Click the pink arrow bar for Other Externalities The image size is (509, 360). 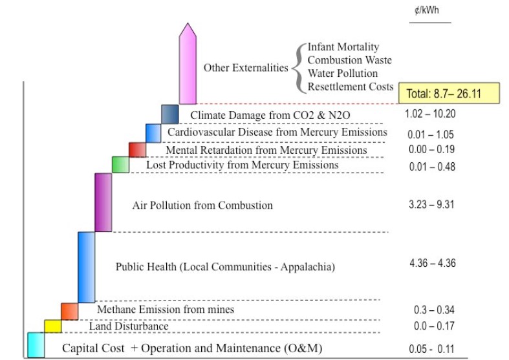(x=188, y=65)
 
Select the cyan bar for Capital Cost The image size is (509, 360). (x=36, y=344)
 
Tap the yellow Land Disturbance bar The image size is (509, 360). (x=52, y=325)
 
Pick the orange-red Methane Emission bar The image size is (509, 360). (x=69, y=310)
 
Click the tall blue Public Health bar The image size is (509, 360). (x=87, y=266)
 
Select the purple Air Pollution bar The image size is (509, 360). (x=103, y=202)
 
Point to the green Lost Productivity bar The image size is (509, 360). (x=120, y=164)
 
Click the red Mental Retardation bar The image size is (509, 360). (x=137, y=149)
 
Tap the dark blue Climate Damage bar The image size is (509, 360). (x=169, y=114)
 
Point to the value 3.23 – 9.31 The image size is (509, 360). (x=431, y=205)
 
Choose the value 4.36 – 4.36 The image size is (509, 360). (x=433, y=263)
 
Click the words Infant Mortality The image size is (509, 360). (x=343, y=47)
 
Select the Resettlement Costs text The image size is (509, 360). (x=350, y=86)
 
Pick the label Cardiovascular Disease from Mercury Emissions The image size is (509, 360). (x=277, y=132)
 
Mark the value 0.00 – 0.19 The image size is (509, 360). (x=431, y=149)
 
